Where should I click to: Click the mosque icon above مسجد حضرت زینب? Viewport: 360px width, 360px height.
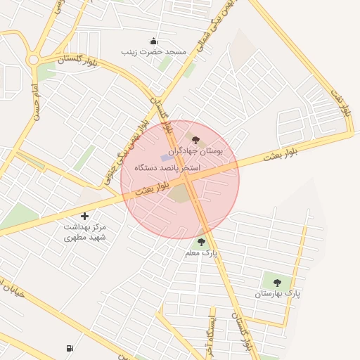[x=154, y=41]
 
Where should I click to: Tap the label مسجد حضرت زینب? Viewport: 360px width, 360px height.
[x=154, y=52]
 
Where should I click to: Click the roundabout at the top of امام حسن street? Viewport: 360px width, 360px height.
[x=33, y=60]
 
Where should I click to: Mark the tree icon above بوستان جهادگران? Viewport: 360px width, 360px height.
[x=195, y=141]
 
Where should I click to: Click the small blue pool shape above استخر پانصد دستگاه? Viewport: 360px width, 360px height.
[x=166, y=157]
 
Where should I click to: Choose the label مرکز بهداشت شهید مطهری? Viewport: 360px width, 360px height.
[x=84, y=232]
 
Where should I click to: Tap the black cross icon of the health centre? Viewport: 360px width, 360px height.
[x=85, y=216]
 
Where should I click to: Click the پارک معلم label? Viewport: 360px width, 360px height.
[x=202, y=252]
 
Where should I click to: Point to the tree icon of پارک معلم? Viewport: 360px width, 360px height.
[x=202, y=242]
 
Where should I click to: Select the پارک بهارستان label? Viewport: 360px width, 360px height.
[x=276, y=292]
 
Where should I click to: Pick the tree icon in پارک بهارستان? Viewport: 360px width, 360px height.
[x=277, y=283]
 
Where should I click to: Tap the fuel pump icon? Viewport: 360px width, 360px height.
[x=69, y=348]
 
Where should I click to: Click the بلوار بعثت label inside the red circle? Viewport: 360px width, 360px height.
[x=153, y=188]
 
